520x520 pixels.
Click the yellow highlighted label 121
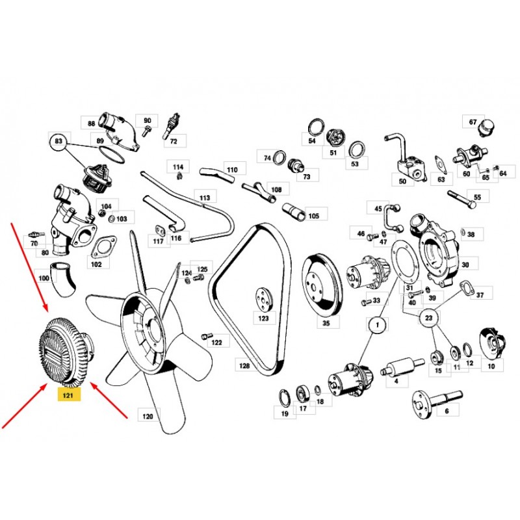click(x=69, y=395)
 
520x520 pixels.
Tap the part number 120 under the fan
click(x=148, y=416)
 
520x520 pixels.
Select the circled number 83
click(x=58, y=141)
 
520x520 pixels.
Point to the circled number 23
click(x=428, y=318)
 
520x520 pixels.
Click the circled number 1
click(x=377, y=325)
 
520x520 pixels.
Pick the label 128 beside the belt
click(x=244, y=366)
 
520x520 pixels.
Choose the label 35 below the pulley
click(x=326, y=322)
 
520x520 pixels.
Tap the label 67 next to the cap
click(x=473, y=122)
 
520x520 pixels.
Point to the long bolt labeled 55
click(x=461, y=199)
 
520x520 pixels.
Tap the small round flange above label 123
click(x=265, y=300)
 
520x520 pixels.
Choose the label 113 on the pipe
click(x=205, y=198)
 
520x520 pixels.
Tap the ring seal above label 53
click(x=357, y=150)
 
